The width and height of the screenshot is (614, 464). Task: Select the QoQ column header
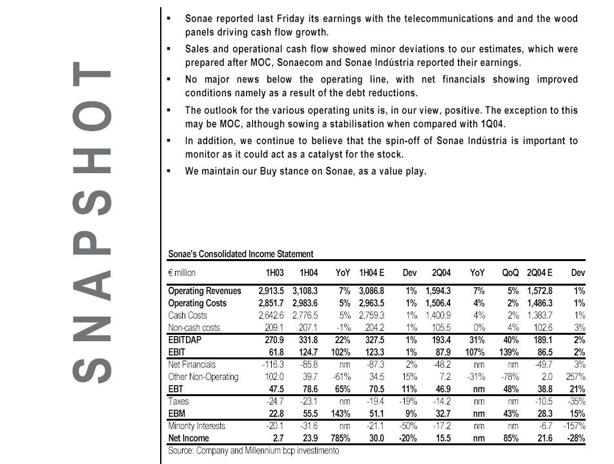[511, 273]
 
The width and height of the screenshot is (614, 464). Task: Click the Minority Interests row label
[197, 426]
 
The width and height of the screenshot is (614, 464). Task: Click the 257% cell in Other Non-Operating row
[575, 376]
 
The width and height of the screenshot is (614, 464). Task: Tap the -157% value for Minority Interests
[573, 426]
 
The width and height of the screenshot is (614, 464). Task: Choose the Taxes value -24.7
[275, 401]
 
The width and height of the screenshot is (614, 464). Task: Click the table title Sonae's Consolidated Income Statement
[240, 255]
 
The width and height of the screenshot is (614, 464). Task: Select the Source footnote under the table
[253, 450]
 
